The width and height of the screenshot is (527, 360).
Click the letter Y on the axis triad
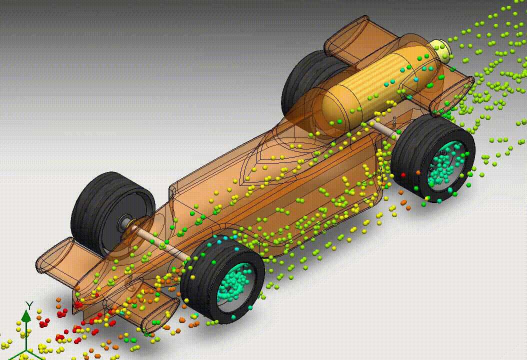(29, 304)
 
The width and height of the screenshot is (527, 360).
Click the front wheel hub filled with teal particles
(235, 285)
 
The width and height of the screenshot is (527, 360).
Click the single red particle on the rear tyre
(403, 175)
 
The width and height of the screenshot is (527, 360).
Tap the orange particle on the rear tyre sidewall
(418, 172)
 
